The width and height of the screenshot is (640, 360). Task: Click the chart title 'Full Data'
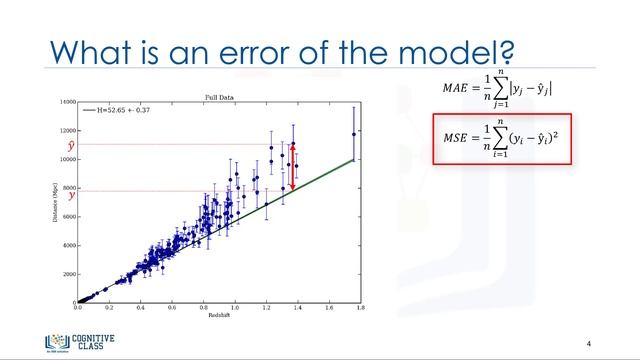point(218,97)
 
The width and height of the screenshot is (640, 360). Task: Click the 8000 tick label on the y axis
point(67,188)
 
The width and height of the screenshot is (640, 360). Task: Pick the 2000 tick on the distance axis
point(67,274)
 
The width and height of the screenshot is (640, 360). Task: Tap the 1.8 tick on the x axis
point(354,310)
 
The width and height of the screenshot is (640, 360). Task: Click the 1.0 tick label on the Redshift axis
point(234,310)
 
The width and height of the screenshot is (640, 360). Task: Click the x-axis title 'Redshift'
point(216,319)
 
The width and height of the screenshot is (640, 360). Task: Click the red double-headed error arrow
point(292,167)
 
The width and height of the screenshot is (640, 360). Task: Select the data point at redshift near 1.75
point(353,134)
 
